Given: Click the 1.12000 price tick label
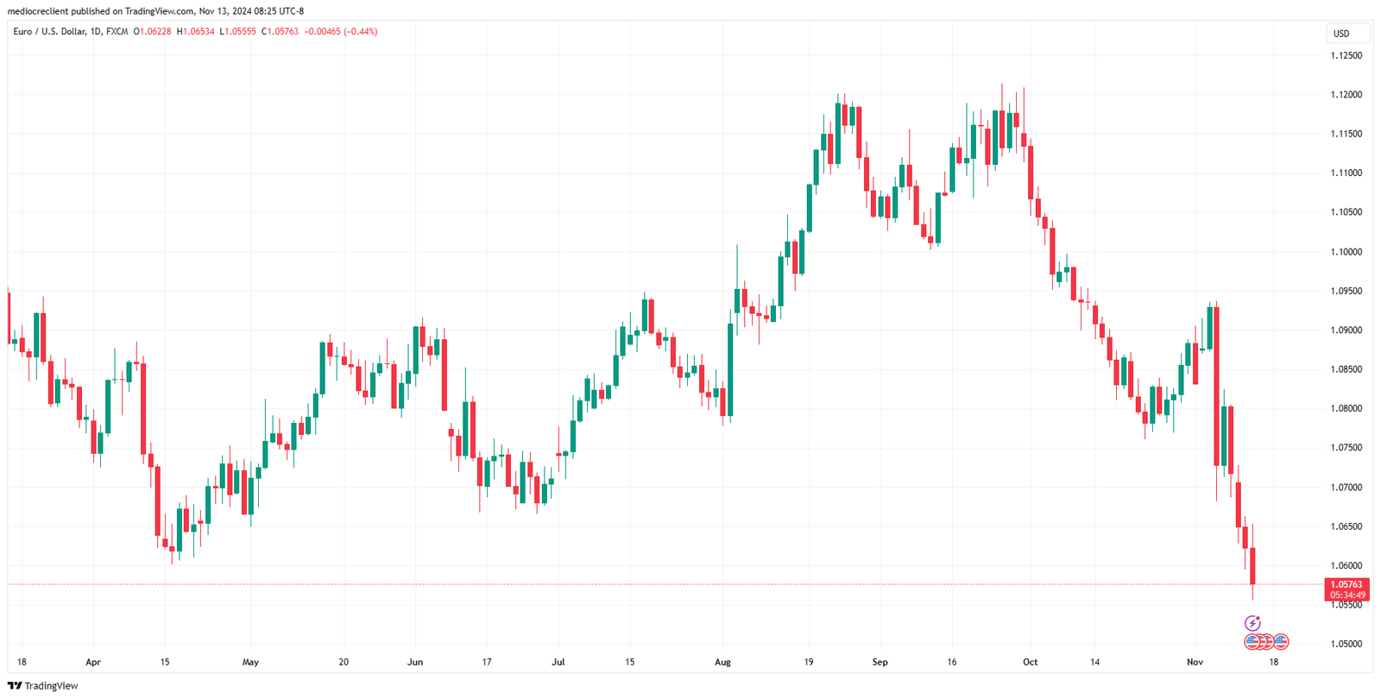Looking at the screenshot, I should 1346,95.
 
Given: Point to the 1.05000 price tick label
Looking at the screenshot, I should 1346,644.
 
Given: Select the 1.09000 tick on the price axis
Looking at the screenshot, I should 1346,331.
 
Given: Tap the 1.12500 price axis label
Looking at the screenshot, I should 1346,55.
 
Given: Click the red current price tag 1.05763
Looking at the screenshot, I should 1346,585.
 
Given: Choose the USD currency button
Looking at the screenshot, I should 1341,34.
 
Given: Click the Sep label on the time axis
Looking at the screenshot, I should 880,663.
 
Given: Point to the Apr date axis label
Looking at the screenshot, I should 93,663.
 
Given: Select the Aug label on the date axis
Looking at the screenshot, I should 722,663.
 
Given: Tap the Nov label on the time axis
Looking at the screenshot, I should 1195,663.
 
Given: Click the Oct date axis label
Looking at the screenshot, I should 1030,663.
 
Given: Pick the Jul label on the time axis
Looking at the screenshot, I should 558,663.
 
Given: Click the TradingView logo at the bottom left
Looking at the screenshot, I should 42,686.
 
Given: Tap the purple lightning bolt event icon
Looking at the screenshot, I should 1252,623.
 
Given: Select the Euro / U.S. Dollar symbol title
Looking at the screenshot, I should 49,32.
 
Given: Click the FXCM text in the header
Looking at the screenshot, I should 117,32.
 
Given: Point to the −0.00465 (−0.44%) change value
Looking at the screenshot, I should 341,32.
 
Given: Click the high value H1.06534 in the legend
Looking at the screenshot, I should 195,32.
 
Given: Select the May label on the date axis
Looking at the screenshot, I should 250,663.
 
